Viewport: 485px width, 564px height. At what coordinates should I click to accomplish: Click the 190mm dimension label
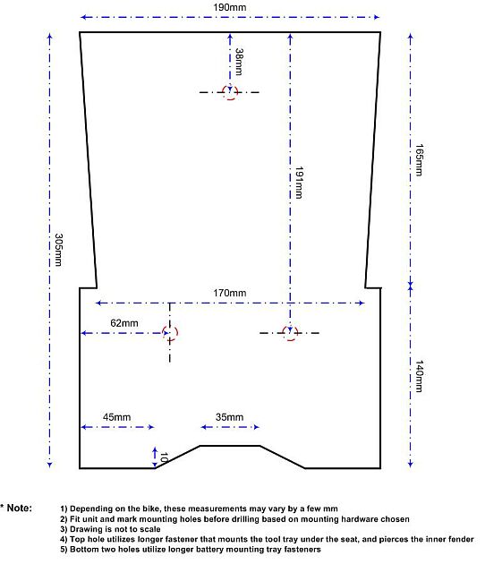tap(230, 7)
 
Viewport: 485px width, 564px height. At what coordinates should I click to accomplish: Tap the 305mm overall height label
tap(58, 250)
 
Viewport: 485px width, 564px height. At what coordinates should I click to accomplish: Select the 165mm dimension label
tap(419, 159)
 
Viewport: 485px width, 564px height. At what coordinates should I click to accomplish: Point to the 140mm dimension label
tap(419, 376)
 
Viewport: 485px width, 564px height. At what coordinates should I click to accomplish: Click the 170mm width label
tap(230, 293)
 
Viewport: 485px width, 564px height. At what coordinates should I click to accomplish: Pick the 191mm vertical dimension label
tap(299, 183)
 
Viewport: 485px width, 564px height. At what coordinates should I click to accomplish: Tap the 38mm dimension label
tap(239, 62)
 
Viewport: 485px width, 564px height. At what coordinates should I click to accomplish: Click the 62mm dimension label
tap(124, 323)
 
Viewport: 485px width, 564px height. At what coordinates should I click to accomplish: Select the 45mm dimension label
tap(117, 417)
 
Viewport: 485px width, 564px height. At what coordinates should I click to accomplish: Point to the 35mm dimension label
tap(229, 417)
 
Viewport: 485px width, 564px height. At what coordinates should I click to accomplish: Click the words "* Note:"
tap(16, 508)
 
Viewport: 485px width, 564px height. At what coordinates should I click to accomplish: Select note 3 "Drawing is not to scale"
tap(110, 529)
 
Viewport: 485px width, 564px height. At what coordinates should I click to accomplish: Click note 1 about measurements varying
tap(199, 508)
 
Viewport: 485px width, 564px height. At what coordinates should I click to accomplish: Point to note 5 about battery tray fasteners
tap(191, 550)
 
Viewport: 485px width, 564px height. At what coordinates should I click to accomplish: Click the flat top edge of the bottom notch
tap(230, 446)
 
